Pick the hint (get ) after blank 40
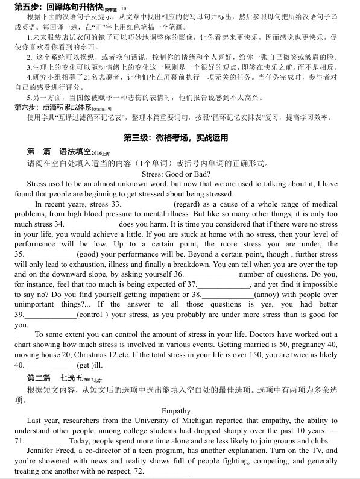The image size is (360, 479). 89,365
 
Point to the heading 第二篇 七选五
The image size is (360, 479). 59,378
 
